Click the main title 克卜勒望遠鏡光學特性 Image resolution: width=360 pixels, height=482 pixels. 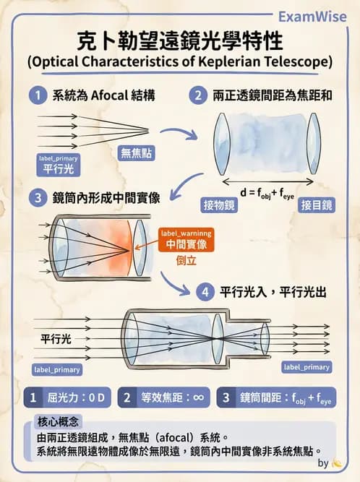tap(180, 39)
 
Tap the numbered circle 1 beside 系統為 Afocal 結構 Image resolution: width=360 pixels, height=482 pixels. tap(37, 95)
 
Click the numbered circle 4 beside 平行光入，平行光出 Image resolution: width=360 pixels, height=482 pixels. tap(206, 292)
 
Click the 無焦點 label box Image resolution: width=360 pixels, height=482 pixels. tap(137, 152)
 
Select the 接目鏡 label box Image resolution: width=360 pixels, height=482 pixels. tap(316, 205)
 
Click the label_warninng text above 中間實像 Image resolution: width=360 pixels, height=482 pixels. tap(186, 233)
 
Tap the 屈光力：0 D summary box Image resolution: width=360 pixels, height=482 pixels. tap(67, 397)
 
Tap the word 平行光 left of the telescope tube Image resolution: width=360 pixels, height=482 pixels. tap(56, 338)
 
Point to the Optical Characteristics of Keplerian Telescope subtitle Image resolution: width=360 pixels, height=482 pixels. tap(180, 61)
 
